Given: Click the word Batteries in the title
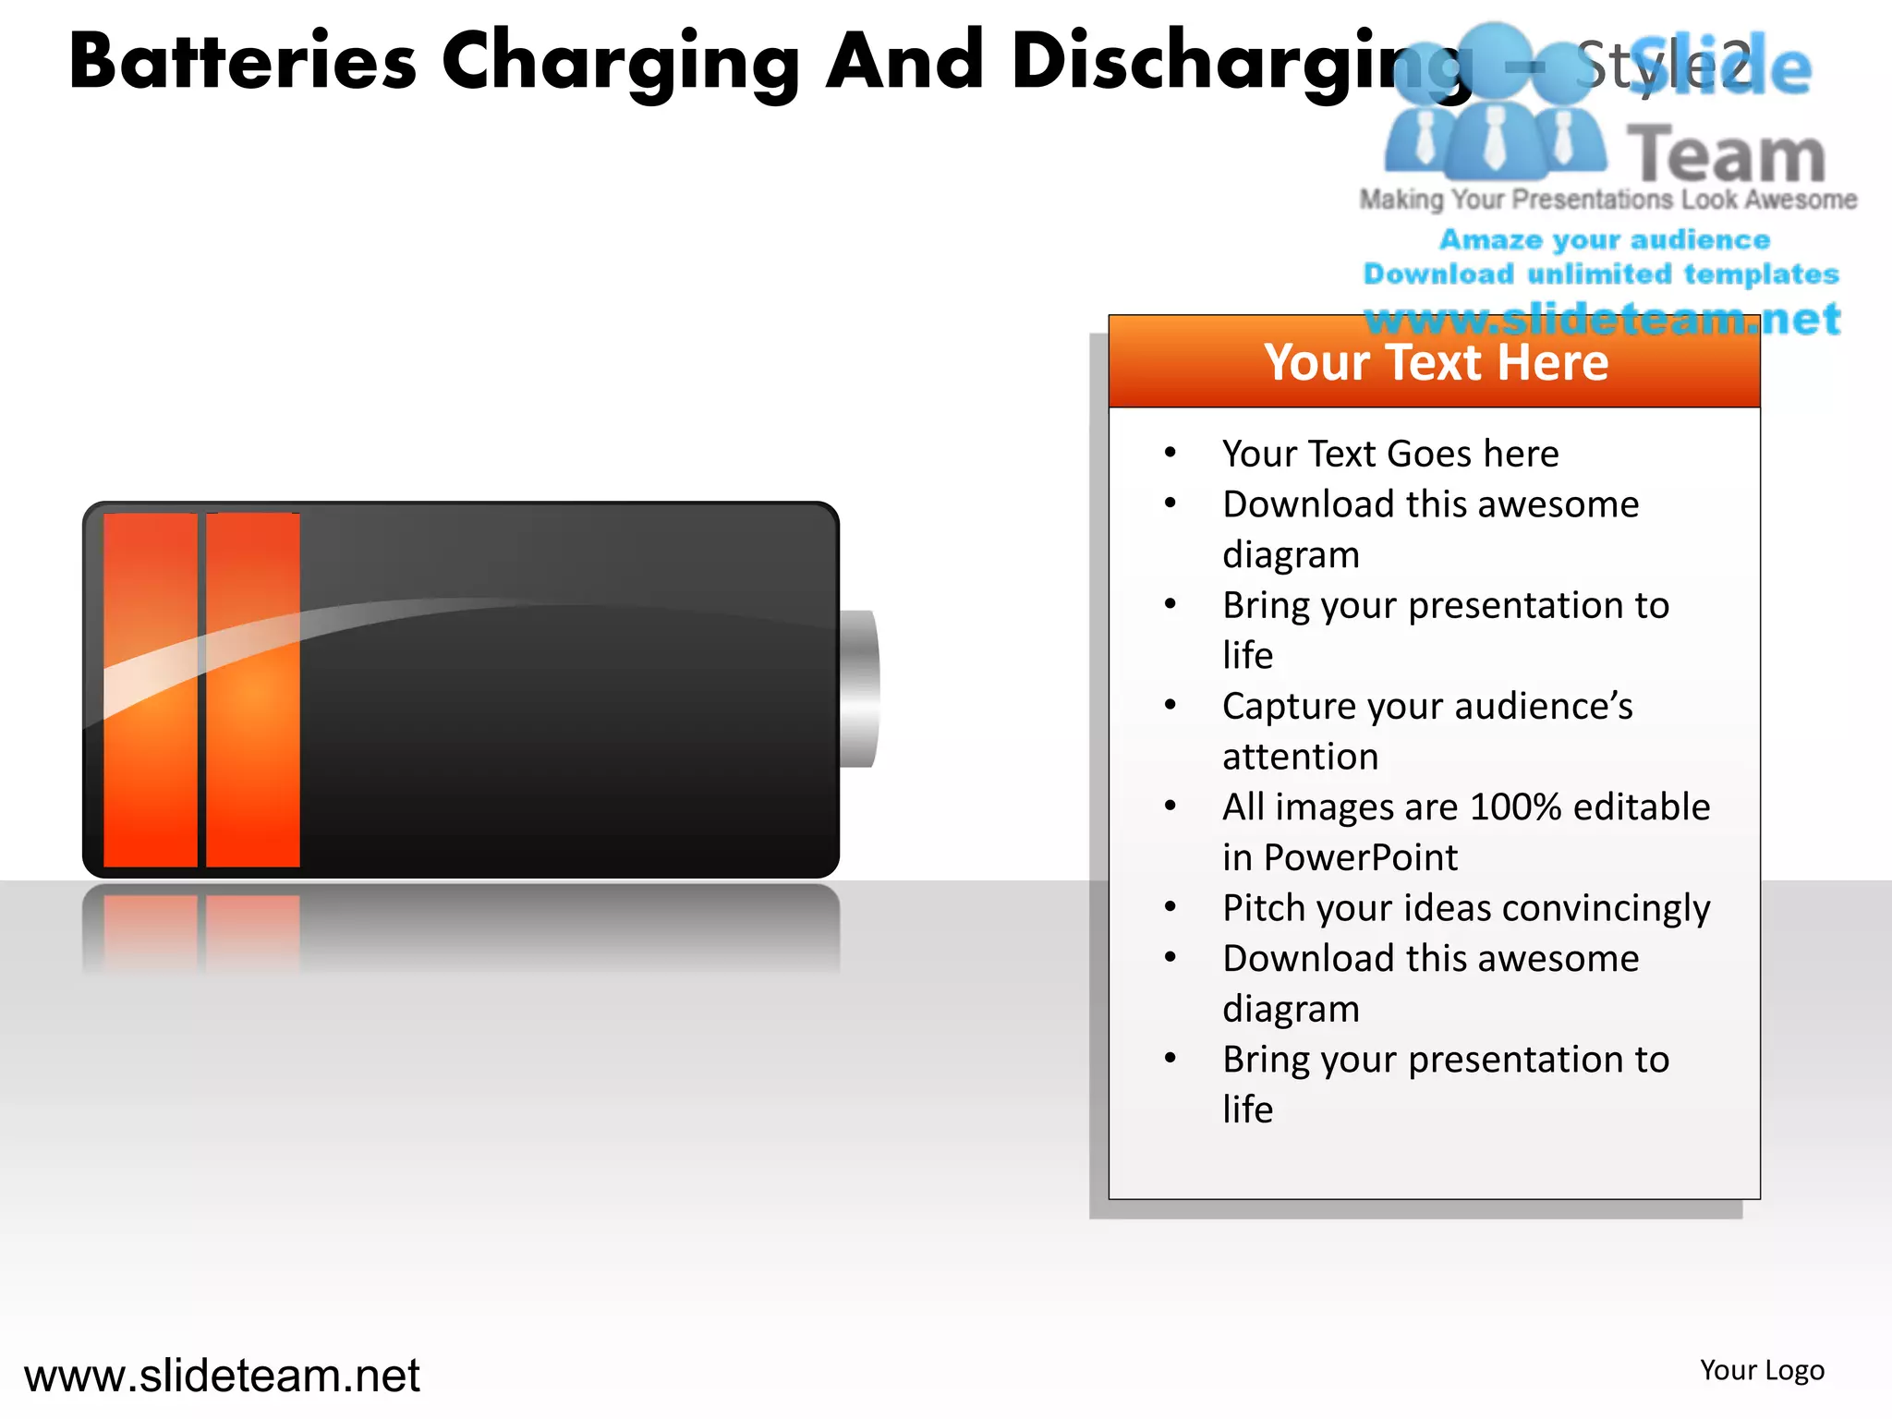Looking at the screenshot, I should coord(243,62).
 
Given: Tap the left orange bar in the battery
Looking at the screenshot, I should coord(151,689).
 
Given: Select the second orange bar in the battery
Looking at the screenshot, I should coord(252,689).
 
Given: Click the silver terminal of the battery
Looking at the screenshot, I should coord(859,688).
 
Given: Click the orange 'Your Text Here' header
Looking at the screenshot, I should coord(1435,362).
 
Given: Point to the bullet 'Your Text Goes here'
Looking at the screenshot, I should coord(1390,454).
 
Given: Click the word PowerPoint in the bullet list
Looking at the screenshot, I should coord(1360,857).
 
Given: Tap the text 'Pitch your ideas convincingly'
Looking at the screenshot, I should coord(1466,908).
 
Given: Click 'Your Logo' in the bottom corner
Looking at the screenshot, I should coord(1762,1370).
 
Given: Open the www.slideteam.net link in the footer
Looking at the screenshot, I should coord(222,1376).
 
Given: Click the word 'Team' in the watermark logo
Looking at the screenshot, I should coord(1726,155).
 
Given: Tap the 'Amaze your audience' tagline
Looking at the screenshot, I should coord(1605,239).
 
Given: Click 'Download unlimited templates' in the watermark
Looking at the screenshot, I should coord(1601,273).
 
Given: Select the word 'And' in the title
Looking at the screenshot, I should coord(904,62).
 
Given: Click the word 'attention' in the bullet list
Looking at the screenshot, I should coord(1300,757).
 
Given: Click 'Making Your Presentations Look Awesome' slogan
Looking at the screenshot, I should coord(1607,200).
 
